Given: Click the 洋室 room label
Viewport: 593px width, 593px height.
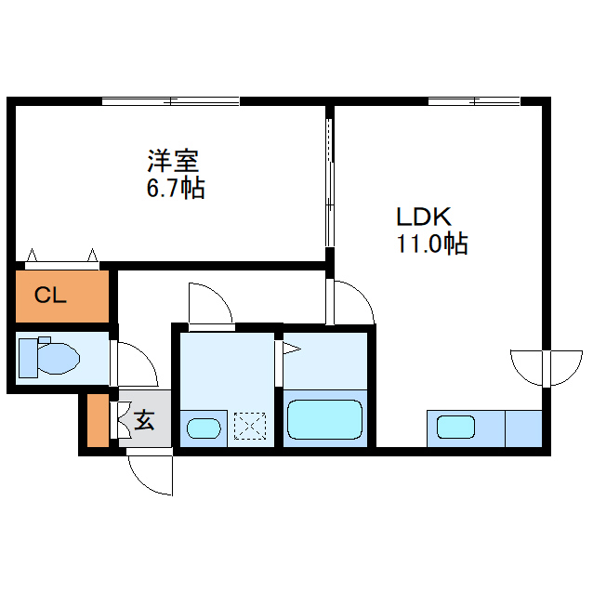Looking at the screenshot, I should pyautogui.click(x=173, y=161).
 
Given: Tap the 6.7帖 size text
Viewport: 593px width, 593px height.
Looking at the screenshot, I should pyautogui.click(x=175, y=189).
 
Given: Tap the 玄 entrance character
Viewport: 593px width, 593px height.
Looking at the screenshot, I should pyautogui.click(x=146, y=420).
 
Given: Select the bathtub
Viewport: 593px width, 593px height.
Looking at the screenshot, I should pyautogui.click(x=324, y=419).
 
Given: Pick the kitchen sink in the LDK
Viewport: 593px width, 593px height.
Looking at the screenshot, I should pyautogui.click(x=456, y=428).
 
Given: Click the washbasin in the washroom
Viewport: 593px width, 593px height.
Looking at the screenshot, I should pyautogui.click(x=204, y=428).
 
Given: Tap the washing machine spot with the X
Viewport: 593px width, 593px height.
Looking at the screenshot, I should pyautogui.click(x=250, y=427).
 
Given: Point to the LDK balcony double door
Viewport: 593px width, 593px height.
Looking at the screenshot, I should pyautogui.click(x=545, y=367).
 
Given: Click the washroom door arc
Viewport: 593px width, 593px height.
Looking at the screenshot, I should pyautogui.click(x=210, y=302).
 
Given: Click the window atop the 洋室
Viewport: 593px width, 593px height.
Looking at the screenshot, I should pyautogui.click(x=171, y=100).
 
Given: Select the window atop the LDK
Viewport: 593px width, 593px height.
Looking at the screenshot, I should pyautogui.click(x=474, y=100).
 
